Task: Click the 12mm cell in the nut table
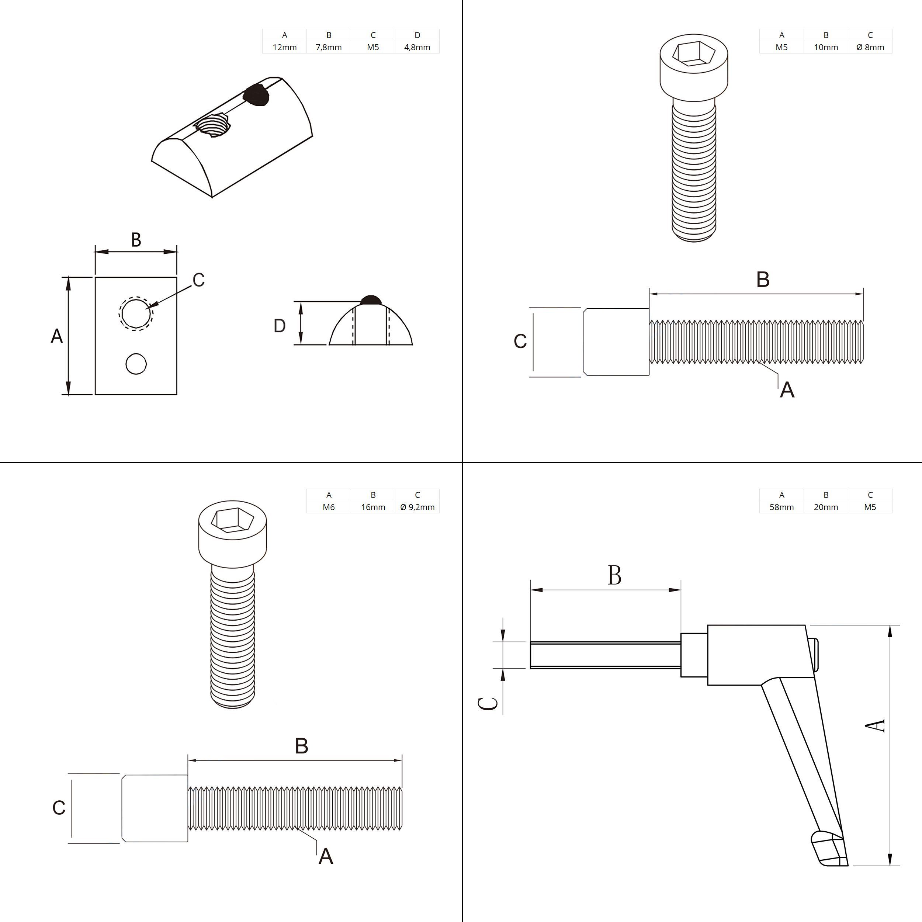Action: pyautogui.click(x=284, y=47)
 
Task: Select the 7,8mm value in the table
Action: pyautogui.click(x=329, y=47)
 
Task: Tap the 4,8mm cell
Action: pyautogui.click(x=417, y=47)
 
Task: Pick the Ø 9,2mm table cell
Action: pyautogui.click(x=417, y=507)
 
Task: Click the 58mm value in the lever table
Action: pyautogui.click(x=782, y=507)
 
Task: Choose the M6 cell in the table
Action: pyautogui.click(x=329, y=507)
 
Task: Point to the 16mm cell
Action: pyautogui.click(x=373, y=507)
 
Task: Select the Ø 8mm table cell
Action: pyautogui.click(x=870, y=47)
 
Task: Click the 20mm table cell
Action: pyautogui.click(x=826, y=507)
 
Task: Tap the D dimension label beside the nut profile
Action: pyautogui.click(x=280, y=326)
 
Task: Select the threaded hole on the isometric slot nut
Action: pyautogui.click(x=213, y=125)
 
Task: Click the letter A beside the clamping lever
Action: pyautogui.click(x=875, y=726)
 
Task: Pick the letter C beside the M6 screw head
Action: pyautogui.click(x=59, y=807)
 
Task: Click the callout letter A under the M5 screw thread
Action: pyautogui.click(x=787, y=390)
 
